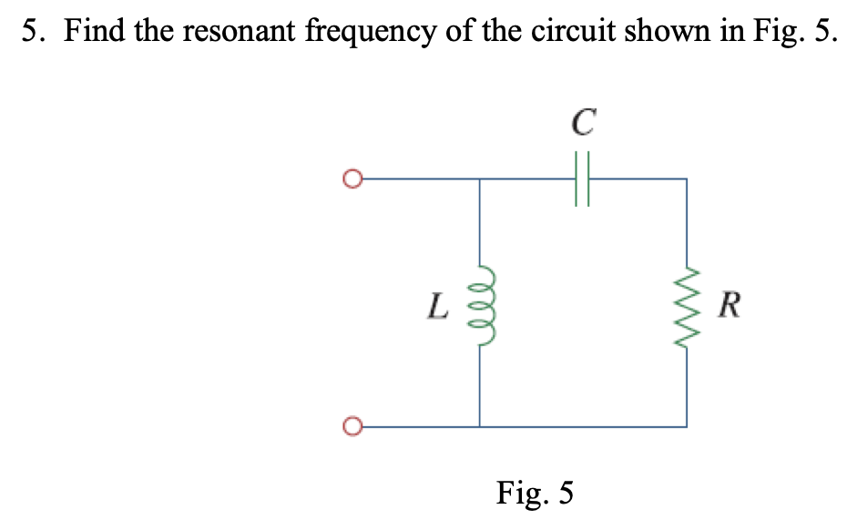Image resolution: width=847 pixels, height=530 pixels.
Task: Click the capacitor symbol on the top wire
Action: click(x=583, y=179)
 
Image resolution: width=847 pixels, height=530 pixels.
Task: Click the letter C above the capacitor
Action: click(x=584, y=122)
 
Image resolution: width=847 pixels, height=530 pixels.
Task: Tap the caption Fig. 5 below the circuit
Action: click(x=535, y=494)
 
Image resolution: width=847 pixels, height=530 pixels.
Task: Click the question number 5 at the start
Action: click(x=31, y=33)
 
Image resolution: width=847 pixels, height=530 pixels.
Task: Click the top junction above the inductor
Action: click(x=480, y=179)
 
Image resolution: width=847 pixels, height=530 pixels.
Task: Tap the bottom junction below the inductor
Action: click(x=480, y=426)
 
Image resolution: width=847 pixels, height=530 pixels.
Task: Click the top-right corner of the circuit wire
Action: click(x=687, y=179)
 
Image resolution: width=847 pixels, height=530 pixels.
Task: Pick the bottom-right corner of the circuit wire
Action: click(x=687, y=426)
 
